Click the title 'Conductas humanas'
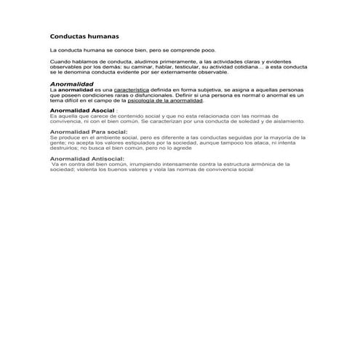point(84,36)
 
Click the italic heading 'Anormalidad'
point(71,84)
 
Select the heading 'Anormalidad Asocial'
point(82,110)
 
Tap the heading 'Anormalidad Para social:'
point(89,132)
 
